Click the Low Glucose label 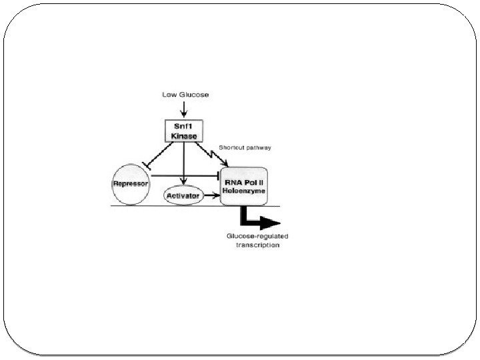click(185, 95)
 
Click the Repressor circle click(130, 181)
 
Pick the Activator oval click(183, 196)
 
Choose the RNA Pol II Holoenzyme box click(245, 186)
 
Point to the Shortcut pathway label click(245, 147)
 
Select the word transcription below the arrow click(258, 245)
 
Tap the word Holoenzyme click(245, 191)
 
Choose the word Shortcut click(231, 147)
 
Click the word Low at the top click(169, 95)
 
